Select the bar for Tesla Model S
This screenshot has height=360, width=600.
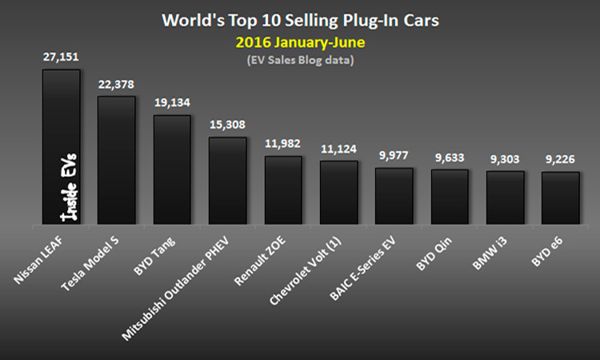pyautogui.click(x=116, y=160)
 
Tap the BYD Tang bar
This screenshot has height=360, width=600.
pyautogui.click(x=172, y=170)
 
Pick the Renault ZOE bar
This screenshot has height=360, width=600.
pyautogui.click(x=283, y=190)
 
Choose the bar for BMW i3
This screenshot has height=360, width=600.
pyautogui.click(x=505, y=198)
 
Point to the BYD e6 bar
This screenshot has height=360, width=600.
pyautogui.click(x=560, y=198)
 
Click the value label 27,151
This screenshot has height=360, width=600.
pyautogui.click(x=61, y=58)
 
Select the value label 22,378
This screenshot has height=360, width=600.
pyautogui.click(x=116, y=86)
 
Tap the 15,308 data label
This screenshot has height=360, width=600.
pyautogui.click(x=227, y=126)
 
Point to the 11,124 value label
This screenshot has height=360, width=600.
pyautogui.click(x=338, y=150)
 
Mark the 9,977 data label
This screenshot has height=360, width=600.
pyautogui.click(x=394, y=157)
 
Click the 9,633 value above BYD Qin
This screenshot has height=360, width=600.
pyautogui.click(x=450, y=158)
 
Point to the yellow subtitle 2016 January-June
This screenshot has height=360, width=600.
pyautogui.click(x=300, y=37)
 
